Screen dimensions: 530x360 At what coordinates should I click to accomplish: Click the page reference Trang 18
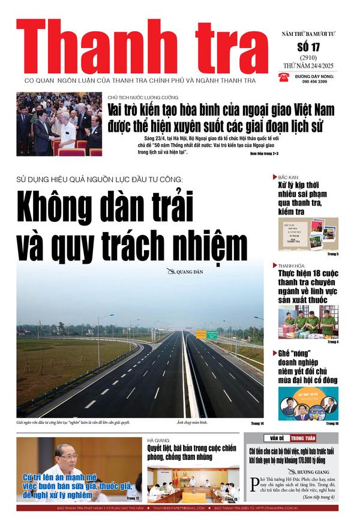tap(332, 424)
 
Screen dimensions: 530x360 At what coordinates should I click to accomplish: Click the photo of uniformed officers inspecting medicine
tap(308, 322)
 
